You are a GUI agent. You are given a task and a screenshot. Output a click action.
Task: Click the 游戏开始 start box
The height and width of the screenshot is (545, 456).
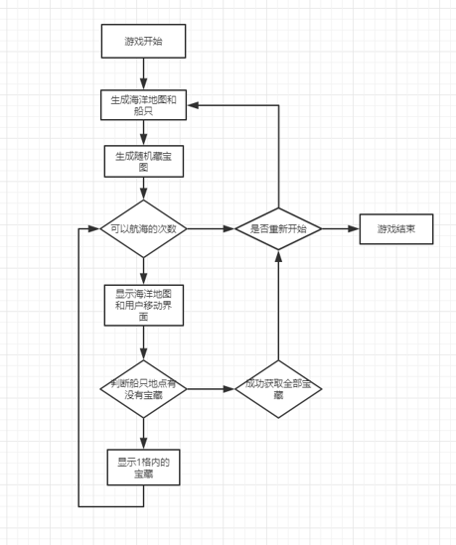[x=143, y=41]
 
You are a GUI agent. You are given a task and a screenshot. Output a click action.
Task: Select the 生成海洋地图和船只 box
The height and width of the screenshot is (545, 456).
[x=143, y=105]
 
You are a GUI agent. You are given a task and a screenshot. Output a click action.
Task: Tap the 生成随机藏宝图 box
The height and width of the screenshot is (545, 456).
[x=144, y=161]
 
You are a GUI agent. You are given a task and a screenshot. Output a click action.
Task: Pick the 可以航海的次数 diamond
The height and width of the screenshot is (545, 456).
[x=143, y=228]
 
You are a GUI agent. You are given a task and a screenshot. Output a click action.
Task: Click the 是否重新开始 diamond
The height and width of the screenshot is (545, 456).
[x=278, y=228]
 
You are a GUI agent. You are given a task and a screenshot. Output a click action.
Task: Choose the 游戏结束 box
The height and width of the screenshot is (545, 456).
[x=396, y=229]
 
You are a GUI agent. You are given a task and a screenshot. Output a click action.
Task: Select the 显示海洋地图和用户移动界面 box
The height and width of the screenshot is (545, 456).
[x=144, y=305]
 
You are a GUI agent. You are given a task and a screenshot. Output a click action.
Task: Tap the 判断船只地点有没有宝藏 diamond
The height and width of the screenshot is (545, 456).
[x=143, y=389]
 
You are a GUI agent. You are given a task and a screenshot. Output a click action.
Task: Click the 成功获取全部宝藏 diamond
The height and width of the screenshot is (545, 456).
[x=278, y=389]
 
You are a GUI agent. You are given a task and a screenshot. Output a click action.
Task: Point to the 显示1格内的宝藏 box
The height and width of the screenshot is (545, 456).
[x=143, y=468]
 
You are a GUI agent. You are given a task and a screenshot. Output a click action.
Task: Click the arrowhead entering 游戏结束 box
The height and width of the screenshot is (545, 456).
[x=354, y=228]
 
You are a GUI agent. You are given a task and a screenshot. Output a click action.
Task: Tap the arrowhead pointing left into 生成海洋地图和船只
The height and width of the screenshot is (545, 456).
[x=193, y=105]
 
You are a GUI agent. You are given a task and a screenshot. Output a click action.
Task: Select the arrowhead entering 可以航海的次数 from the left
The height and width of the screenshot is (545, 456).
[x=94, y=228]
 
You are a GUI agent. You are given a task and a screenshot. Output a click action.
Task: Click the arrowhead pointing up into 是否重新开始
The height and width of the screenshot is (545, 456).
[x=278, y=256]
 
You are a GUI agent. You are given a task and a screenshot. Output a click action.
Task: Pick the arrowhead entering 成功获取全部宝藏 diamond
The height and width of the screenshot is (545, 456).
[x=228, y=389]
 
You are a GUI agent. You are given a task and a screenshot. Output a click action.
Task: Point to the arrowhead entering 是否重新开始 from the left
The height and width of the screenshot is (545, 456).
[x=228, y=228]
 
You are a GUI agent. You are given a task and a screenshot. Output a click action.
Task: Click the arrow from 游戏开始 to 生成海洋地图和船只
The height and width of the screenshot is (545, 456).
[x=143, y=73]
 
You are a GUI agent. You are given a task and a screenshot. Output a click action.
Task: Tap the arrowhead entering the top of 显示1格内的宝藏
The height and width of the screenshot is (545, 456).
[x=143, y=443]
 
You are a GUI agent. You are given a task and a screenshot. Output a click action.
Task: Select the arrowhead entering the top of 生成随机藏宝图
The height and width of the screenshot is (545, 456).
[x=143, y=139]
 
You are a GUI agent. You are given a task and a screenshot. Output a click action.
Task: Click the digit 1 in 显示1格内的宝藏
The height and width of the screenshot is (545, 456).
[x=137, y=463]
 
